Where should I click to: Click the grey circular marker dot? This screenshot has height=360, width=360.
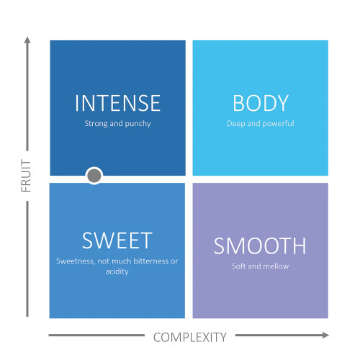tap(94, 176)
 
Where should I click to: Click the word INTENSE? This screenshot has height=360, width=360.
tap(117, 103)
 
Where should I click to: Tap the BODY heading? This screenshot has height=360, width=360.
tap(261, 103)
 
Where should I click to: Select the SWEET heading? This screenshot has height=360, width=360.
tap(117, 240)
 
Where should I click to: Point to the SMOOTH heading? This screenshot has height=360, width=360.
tap(260, 246)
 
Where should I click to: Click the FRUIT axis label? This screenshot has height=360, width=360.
tap(26, 176)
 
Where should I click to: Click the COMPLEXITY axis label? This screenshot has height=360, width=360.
tap(190, 337)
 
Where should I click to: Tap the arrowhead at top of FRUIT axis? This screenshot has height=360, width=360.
tap(27, 40)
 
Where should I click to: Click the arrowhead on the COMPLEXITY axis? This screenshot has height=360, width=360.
tap(325, 336)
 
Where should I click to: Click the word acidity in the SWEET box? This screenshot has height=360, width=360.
tap(117, 271)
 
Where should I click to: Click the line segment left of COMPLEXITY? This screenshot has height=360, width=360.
tap(96, 336)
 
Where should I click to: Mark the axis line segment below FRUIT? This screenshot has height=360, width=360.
tap(27, 259)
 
